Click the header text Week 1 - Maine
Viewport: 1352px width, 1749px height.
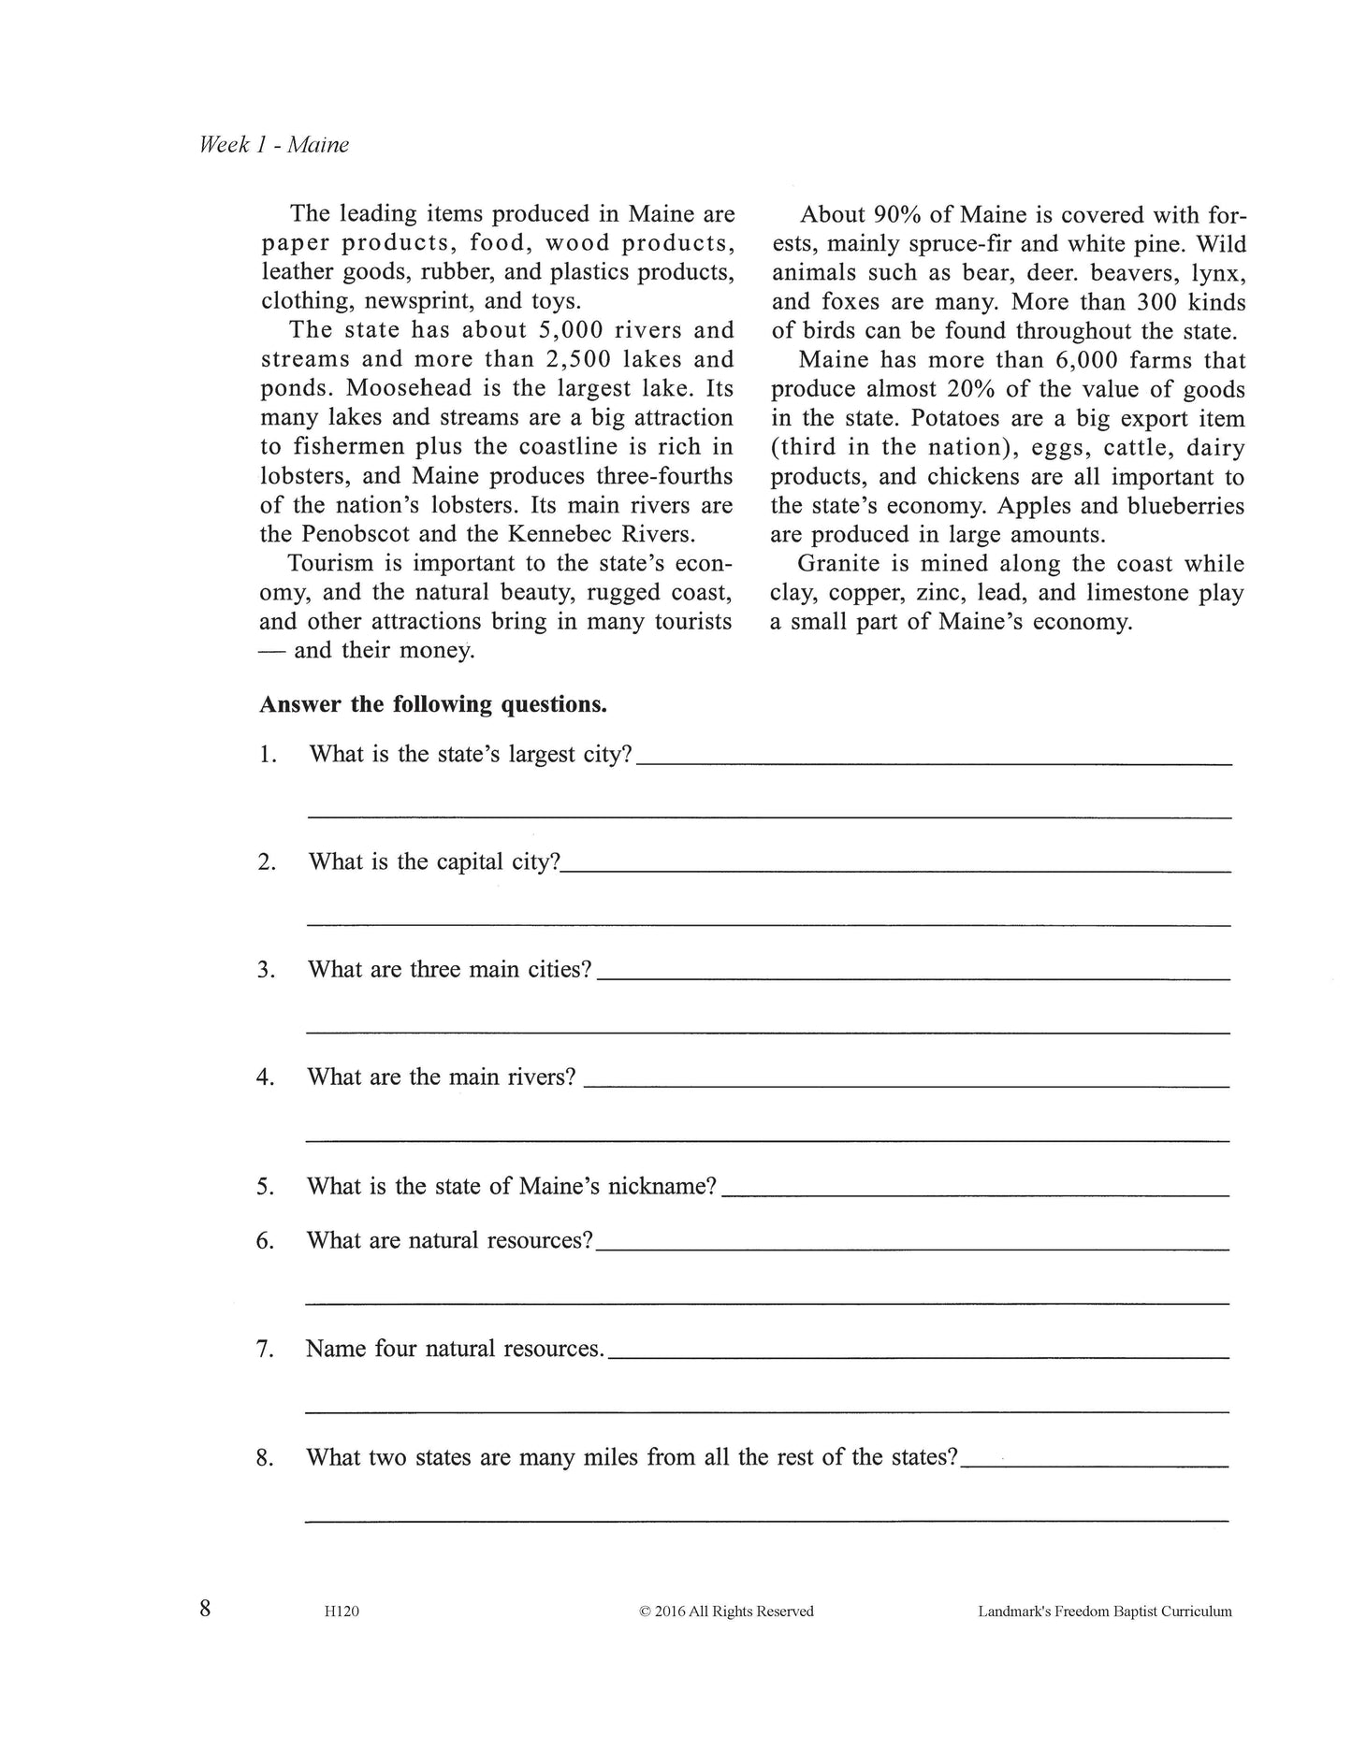click(273, 145)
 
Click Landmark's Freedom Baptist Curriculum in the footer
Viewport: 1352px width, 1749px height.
click(1105, 1612)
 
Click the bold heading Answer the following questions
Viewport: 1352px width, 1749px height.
click(432, 704)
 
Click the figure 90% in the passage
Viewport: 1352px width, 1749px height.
click(897, 214)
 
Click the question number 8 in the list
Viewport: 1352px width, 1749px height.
click(265, 1457)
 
